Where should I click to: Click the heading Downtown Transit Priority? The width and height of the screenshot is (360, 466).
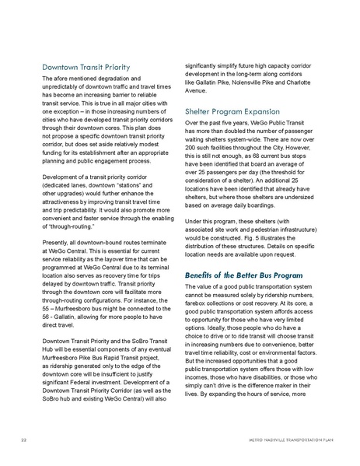pyautogui.click(x=86, y=67)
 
